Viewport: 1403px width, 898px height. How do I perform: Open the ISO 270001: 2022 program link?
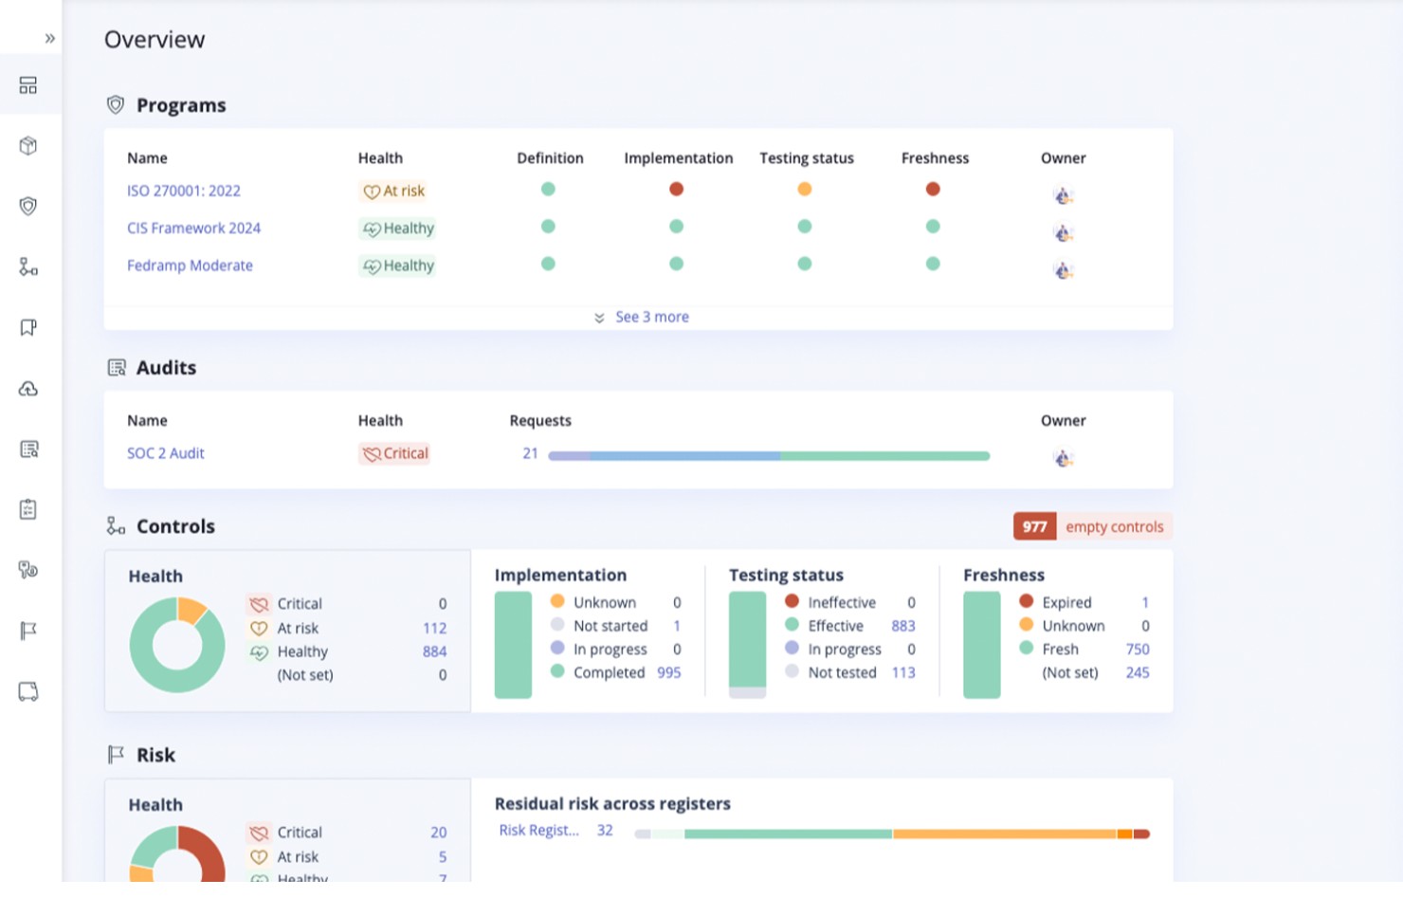tap(183, 191)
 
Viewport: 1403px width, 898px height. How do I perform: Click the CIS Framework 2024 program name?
tap(193, 229)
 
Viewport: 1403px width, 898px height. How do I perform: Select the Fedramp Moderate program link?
tap(190, 266)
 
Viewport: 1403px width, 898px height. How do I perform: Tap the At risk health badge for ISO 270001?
tap(393, 192)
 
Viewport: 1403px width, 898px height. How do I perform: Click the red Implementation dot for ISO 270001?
tap(676, 190)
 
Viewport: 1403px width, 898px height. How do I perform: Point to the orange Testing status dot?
tap(805, 190)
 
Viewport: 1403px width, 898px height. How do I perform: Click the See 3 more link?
tap(651, 317)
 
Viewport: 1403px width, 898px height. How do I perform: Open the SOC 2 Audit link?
tap(166, 453)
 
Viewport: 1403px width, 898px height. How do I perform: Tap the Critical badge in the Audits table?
tap(394, 454)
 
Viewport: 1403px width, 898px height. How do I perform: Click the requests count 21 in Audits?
tap(530, 453)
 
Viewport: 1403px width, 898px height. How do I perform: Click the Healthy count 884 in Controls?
tap(434, 651)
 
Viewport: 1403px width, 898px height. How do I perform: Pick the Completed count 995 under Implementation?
tap(668, 672)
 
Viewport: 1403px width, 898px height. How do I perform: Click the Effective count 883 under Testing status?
tap(902, 626)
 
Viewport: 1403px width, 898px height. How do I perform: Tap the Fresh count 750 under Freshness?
tap(1137, 650)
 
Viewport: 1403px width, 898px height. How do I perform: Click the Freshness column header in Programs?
tap(935, 158)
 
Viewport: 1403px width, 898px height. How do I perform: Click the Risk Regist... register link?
tap(538, 831)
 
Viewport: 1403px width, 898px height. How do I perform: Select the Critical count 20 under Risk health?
tap(438, 833)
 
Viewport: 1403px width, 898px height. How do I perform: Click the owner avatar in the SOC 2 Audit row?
tap(1063, 458)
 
